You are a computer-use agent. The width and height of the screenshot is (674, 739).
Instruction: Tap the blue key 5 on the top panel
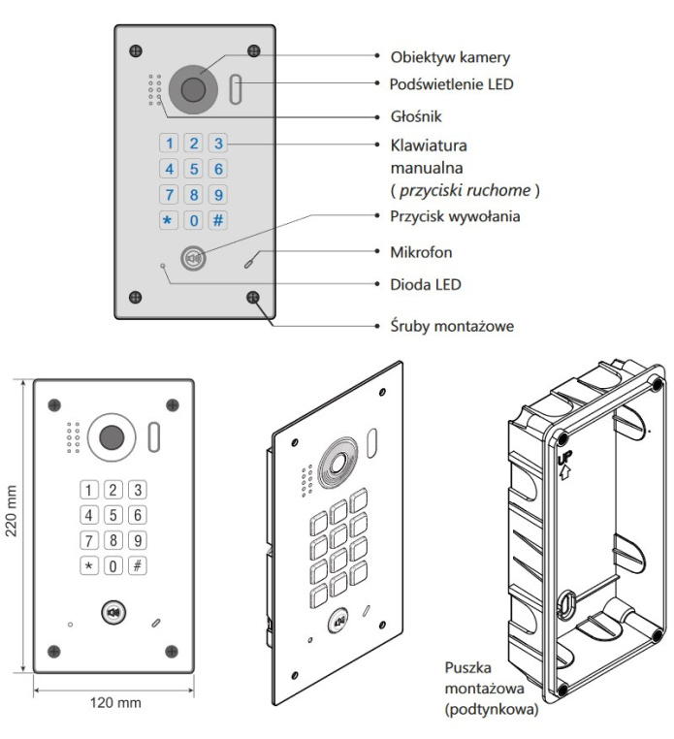point(194,169)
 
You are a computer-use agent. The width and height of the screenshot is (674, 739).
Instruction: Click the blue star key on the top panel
point(168,219)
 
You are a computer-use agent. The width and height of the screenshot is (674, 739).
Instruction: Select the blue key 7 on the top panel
point(168,194)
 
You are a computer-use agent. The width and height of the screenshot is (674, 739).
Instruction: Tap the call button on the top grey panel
point(194,259)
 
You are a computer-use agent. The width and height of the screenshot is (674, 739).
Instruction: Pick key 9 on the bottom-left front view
point(138,539)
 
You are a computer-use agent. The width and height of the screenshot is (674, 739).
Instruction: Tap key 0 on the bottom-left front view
point(113,564)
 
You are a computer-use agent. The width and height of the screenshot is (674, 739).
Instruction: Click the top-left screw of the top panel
point(136,49)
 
